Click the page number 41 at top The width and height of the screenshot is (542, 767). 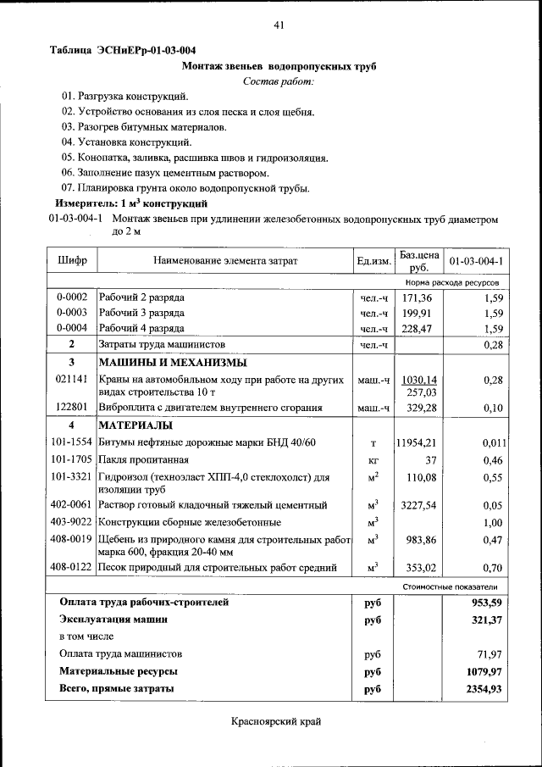tap(279, 25)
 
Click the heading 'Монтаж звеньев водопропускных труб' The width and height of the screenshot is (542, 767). tap(279, 65)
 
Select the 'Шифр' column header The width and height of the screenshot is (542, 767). tap(72, 260)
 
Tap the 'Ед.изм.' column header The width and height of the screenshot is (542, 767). tap(373, 260)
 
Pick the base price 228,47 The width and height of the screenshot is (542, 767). tap(418, 329)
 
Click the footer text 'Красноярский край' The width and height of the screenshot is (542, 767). tap(276, 722)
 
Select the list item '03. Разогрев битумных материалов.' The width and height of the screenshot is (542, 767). tap(143, 126)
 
